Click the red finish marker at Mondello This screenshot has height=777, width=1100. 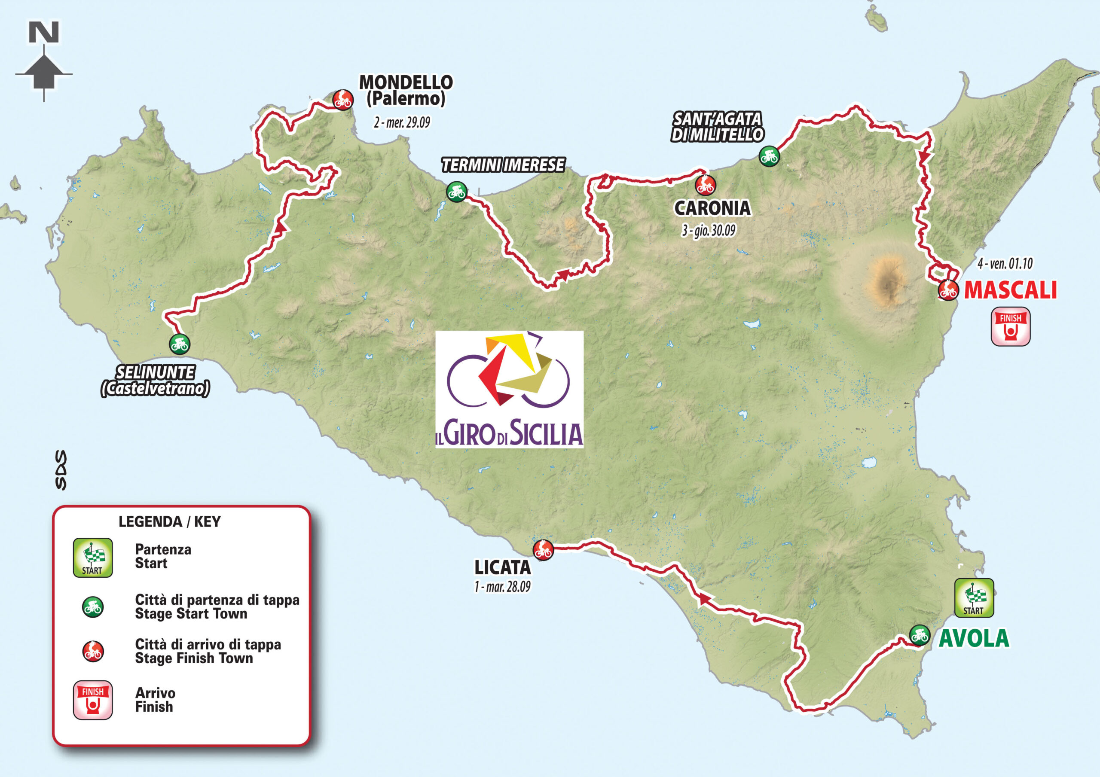(343, 100)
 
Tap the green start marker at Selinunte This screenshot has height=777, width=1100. (179, 344)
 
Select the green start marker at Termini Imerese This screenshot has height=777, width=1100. (457, 192)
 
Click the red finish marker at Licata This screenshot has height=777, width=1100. (543, 549)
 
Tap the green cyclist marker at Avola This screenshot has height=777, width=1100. (920, 635)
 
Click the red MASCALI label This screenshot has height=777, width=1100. (1010, 290)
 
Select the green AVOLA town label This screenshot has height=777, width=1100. (974, 638)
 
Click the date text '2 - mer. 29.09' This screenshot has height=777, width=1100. (402, 123)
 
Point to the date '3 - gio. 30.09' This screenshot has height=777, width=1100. (708, 231)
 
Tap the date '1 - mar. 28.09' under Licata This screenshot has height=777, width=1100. (502, 587)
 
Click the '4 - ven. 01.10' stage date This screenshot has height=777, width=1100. (1005, 263)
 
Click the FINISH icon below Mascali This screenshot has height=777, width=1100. (1010, 326)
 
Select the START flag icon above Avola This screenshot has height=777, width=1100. (974, 597)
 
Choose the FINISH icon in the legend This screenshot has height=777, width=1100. (93, 699)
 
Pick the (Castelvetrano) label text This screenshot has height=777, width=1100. (155, 388)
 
